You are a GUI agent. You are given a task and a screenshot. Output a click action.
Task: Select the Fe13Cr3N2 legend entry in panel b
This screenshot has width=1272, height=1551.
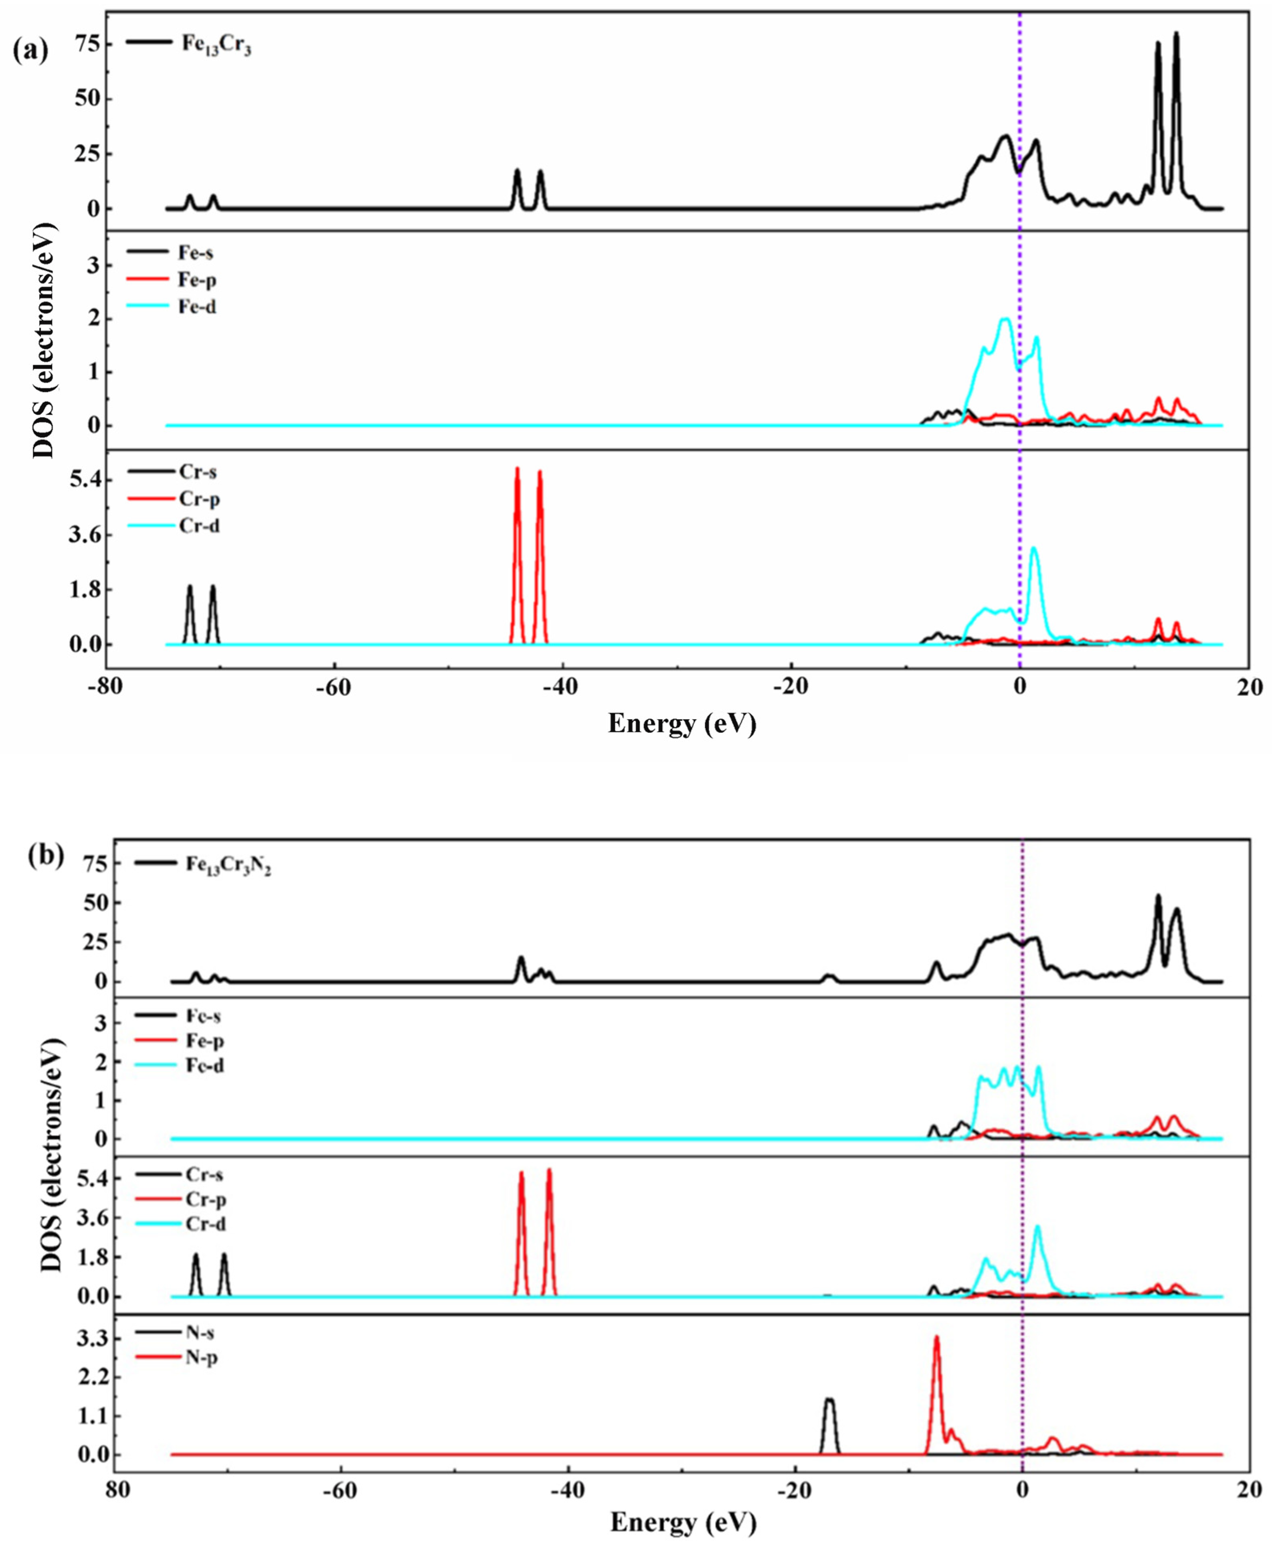click(228, 865)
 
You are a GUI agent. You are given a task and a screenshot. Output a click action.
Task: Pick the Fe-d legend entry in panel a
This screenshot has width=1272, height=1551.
click(196, 307)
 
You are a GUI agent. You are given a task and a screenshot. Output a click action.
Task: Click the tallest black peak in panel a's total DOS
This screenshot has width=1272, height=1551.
click(1176, 34)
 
